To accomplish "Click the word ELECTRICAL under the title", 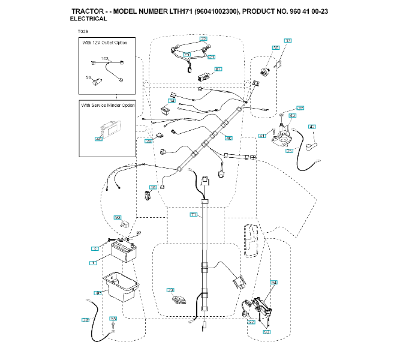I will pyautogui.click(x=88, y=19).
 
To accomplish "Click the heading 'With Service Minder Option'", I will pyautogui.click(x=108, y=105).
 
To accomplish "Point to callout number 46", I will pyautogui.click(x=99, y=139).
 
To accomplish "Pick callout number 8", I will pyautogui.click(x=97, y=293).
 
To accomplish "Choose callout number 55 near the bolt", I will pyautogui.click(x=113, y=318).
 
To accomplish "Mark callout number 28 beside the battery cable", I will pyautogui.click(x=85, y=320).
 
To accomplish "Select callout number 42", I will pyautogui.click(x=311, y=126).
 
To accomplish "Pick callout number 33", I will pyautogui.click(x=288, y=41).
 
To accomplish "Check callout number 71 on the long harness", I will pyautogui.click(x=193, y=214).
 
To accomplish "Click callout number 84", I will pyautogui.click(x=273, y=282).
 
